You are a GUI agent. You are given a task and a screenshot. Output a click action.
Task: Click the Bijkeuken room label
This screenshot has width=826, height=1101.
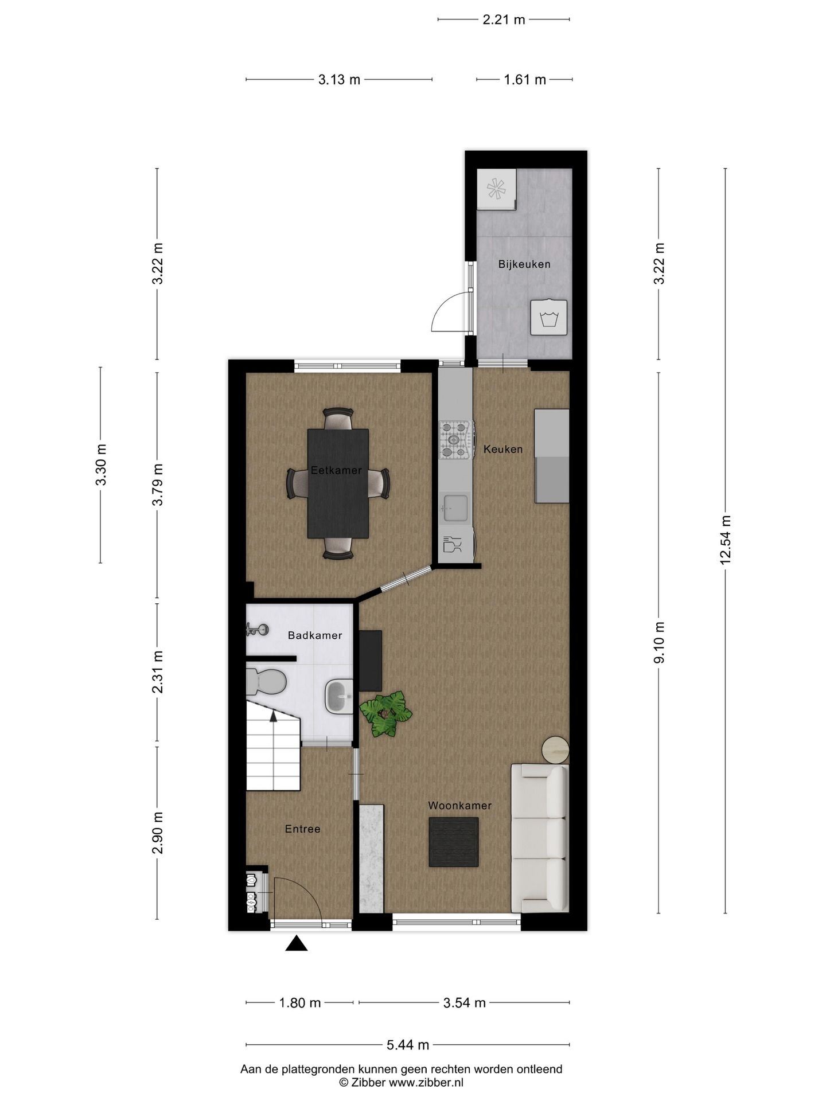point(524,264)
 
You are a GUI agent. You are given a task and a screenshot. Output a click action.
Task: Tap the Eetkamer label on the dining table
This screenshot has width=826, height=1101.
point(336,470)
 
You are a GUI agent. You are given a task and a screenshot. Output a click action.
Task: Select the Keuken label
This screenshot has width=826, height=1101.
point(503,449)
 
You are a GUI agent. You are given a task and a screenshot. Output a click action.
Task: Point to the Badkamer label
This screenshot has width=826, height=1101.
point(315,635)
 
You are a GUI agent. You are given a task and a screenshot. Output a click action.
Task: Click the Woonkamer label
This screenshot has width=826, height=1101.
point(459,806)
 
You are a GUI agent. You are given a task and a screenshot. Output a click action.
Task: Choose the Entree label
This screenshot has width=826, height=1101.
point(302,829)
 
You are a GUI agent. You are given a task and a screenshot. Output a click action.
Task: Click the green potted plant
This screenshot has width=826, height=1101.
point(385,713)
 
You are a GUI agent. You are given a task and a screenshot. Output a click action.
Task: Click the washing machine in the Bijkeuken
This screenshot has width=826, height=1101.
point(549,318)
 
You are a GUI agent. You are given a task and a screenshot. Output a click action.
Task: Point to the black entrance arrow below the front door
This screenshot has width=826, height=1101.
point(296,943)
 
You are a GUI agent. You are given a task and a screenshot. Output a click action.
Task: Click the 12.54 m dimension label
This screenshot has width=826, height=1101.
point(726,539)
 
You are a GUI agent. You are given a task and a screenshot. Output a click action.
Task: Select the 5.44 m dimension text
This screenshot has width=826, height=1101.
point(408,1045)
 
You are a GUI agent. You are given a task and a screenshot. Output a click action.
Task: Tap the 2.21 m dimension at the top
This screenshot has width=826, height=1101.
point(504,19)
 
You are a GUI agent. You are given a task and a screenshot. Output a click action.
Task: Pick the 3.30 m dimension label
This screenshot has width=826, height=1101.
point(101,464)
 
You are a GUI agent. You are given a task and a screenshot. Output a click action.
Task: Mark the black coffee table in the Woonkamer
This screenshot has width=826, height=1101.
point(453,842)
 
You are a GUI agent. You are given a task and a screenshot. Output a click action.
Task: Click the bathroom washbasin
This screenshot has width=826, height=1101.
point(340,696)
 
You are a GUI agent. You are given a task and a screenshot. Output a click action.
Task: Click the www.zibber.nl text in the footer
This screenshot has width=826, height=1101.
point(426,1082)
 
